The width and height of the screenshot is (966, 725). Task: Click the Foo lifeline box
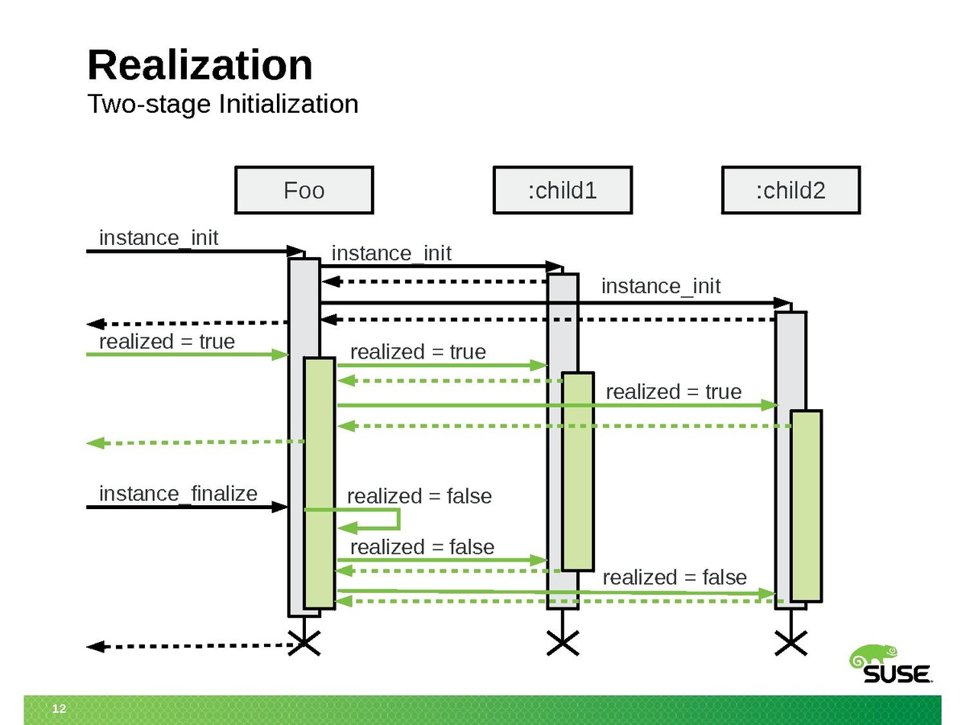303,190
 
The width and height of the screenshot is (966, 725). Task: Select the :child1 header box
562,190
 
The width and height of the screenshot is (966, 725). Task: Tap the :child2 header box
791,190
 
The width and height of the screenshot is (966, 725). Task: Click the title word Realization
200,64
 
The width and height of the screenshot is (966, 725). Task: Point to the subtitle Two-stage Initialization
222,104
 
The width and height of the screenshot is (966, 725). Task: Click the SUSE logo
890,665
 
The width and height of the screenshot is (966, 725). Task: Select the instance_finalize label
178,493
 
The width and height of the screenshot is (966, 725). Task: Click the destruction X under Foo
304,643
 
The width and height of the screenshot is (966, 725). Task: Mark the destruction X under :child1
563,643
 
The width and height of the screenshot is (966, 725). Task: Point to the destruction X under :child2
791,643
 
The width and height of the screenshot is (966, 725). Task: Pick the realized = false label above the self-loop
419,496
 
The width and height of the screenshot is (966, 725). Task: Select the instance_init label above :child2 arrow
660,286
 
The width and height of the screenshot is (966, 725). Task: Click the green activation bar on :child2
806,506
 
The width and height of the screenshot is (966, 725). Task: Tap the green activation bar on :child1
577,471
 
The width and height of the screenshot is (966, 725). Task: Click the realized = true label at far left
167,342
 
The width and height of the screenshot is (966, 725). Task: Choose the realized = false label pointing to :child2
675,578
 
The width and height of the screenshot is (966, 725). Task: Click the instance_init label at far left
159,238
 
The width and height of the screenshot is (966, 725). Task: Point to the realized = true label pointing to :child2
673,391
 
